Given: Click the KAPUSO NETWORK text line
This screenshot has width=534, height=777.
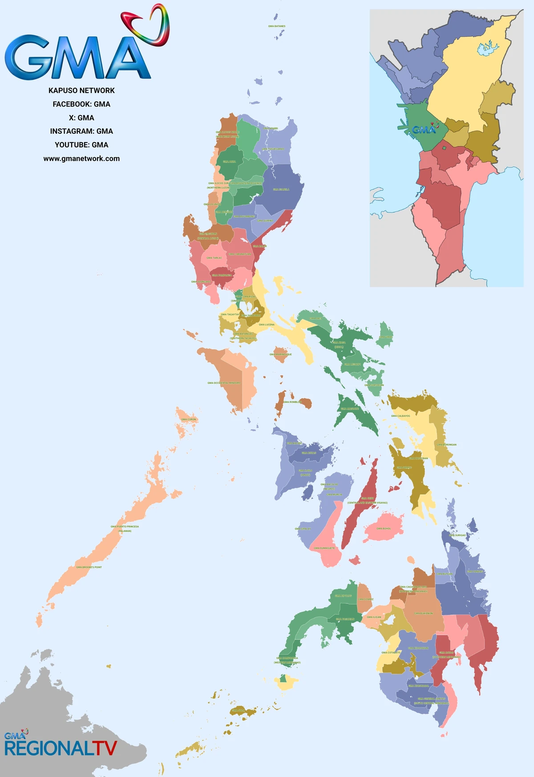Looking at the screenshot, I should click(81, 90).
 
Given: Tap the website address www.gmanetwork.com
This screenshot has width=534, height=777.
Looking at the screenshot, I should click(81, 159).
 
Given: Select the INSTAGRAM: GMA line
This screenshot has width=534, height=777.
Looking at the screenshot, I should click(81, 131).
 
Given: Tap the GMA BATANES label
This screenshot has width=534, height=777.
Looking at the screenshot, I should click(277, 26).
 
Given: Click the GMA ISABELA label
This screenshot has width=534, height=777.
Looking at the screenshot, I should click(281, 189).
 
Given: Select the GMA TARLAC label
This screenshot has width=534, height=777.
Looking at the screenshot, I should click(214, 258).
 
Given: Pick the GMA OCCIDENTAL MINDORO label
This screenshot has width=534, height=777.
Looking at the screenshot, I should click(224, 383).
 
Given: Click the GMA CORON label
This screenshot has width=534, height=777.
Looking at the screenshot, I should click(189, 419).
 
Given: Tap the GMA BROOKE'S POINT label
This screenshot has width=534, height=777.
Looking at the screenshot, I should click(89, 567).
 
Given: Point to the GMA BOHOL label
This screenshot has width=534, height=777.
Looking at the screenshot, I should click(384, 528).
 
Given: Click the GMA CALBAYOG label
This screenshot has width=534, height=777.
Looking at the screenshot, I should click(400, 416).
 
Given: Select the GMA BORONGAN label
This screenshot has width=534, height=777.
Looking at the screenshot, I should click(446, 445).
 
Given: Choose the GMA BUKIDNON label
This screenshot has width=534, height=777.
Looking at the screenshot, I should click(424, 613).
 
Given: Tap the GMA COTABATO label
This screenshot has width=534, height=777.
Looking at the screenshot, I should click(391, 652).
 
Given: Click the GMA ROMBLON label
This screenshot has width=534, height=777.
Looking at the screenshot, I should click(292, 402).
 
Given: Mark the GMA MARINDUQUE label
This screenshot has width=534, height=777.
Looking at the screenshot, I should click(281, 354).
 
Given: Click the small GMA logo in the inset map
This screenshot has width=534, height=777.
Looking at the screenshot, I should click(425, 129).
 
